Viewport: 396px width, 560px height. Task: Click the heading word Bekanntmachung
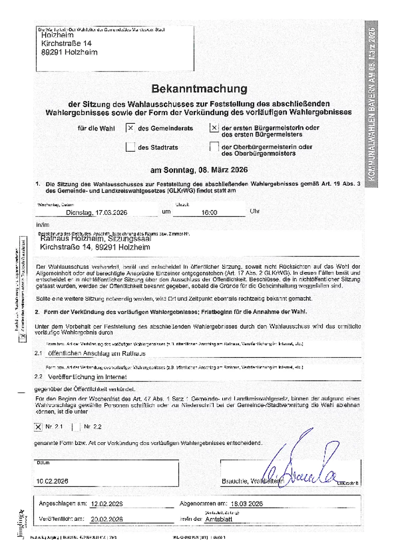click(x=199, y=89)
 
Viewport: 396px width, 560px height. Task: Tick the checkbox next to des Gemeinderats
click(x=130, y=128)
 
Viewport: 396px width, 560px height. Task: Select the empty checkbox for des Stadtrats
click(x=130, y=147)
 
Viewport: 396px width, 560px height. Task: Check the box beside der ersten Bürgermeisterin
click(x=214, y=128)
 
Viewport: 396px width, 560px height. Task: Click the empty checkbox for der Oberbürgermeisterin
click(x=214, y=147)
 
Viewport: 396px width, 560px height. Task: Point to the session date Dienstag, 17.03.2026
click(x=96, y=212)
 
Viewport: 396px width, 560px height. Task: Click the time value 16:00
click(x=209, y=212)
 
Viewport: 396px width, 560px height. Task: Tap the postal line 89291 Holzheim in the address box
click(x=69, y=52)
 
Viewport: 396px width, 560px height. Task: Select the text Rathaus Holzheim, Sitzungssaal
click(x=95, y=239)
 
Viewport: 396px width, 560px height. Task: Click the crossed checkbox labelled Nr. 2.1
click(x=38, y=427)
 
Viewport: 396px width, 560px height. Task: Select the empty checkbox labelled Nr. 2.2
click(x=76, y=427)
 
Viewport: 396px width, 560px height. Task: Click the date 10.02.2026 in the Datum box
click(x=52, y=481)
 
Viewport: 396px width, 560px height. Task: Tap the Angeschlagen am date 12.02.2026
click(x=106, y=504)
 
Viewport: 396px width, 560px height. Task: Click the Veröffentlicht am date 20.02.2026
click(x=106, y=519)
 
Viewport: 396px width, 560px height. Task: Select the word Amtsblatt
click(x=219, y=519)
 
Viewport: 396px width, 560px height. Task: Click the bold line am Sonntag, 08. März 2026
click(x=199, y=170)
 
